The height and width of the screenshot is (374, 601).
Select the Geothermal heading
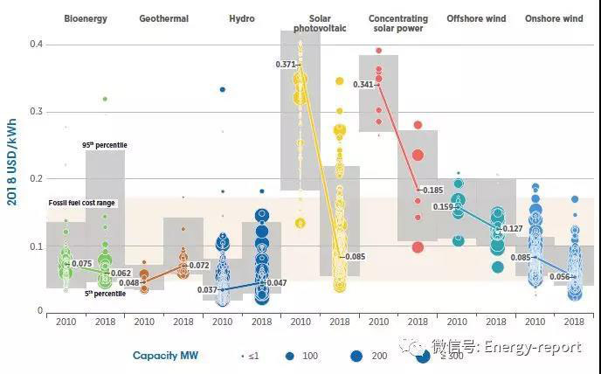pos(163,18)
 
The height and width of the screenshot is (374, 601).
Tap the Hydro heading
pos(241,18)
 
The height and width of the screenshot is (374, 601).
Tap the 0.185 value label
pos(432,190)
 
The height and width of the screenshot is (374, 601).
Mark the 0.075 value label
pos(82,263)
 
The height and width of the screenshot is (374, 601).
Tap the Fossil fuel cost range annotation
pos(81,204)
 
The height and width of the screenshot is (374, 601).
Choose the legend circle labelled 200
pos(356,356)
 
